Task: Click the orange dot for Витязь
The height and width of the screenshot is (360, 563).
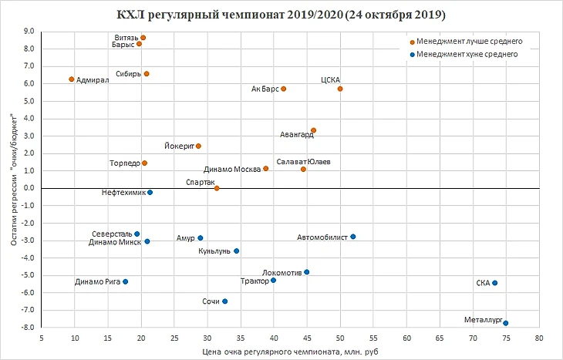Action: point(143,38)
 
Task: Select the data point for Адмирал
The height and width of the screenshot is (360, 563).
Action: point(72,79)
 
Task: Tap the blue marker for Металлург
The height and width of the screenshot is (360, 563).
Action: point(505,323)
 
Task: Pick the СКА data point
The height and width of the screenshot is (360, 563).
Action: point(495,283)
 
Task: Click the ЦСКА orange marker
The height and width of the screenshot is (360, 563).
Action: point(340,89)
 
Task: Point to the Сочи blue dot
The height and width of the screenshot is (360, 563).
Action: point(225,301)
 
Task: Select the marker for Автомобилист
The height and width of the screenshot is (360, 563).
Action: point(353,237)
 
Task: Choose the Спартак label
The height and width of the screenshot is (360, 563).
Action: point(200,183)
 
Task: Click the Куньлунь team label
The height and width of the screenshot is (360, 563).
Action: point(214,251)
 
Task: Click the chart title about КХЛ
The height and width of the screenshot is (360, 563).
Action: point(281,15)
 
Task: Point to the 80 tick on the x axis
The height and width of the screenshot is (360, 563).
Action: point(538,338)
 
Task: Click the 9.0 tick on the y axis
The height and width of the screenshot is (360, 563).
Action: point(30,32)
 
